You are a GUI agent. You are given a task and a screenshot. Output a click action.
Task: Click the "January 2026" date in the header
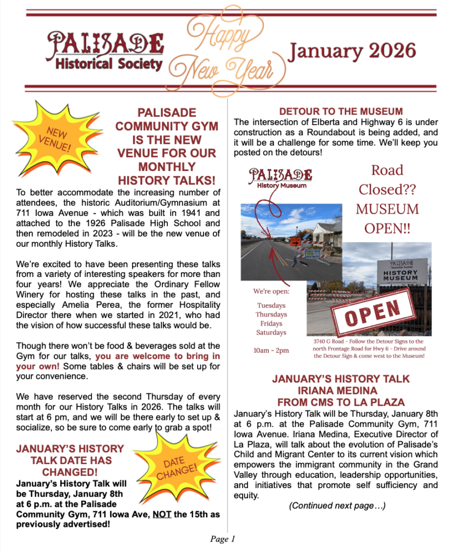(352, 51)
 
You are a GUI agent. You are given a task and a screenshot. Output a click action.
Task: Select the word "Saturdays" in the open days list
(271, 332)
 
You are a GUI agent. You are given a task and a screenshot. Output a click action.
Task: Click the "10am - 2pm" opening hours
(271, 350)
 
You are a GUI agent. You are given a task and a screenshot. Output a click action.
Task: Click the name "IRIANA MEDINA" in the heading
(341, 390)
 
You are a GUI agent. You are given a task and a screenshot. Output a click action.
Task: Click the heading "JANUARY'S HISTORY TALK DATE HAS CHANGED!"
(70, 460)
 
